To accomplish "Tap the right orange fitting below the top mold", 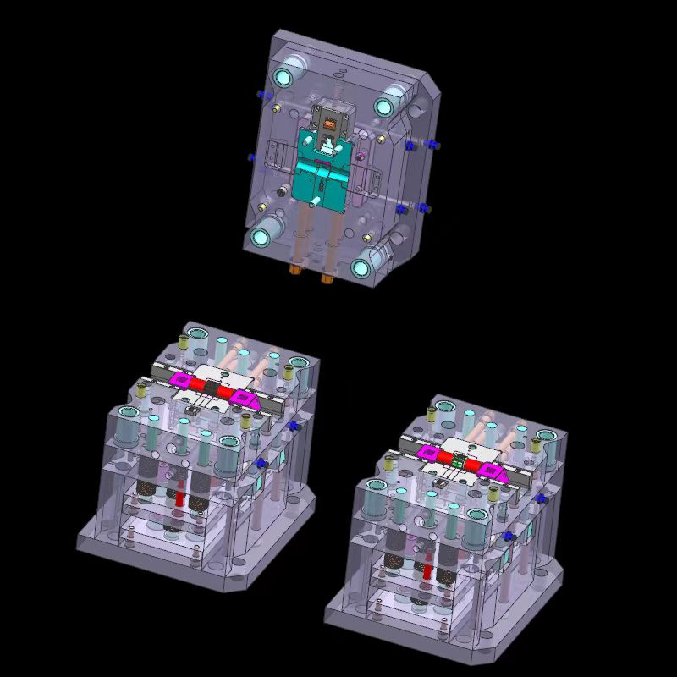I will [327, 272].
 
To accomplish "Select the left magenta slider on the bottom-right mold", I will [428, 454].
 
